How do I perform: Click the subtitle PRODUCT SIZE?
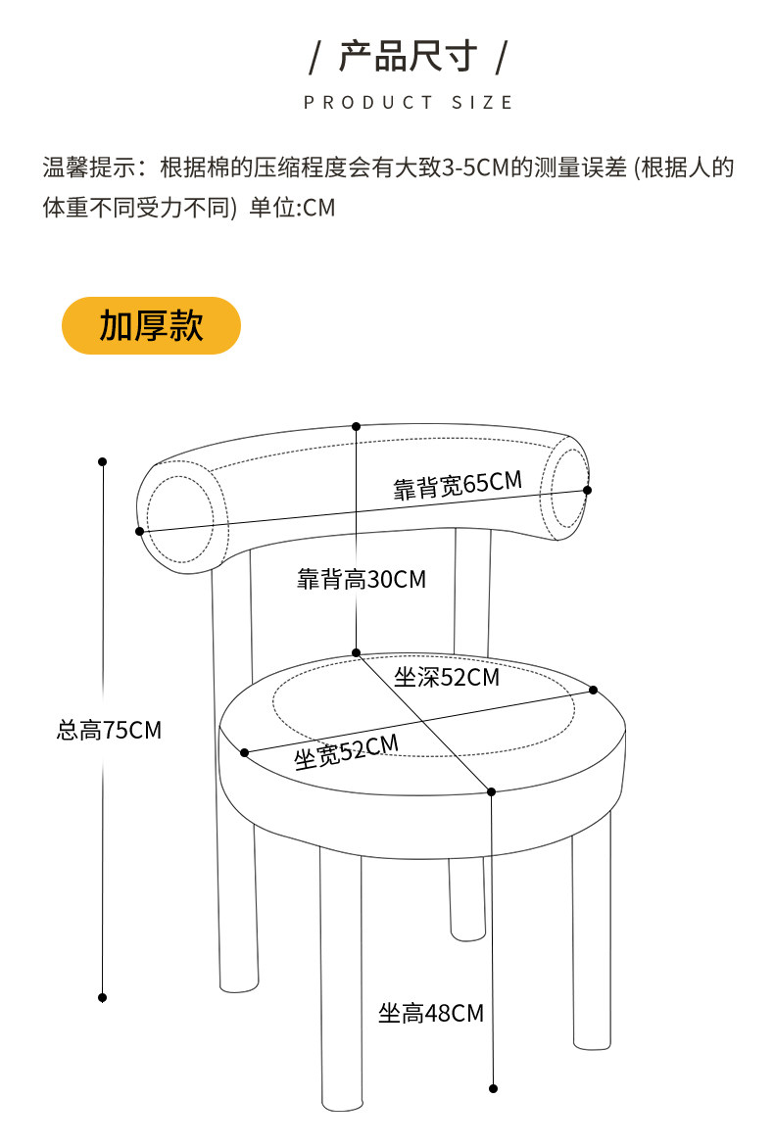coord(408,103)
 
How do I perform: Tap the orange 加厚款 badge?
coord(151,325)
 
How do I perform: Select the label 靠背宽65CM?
coord(458,484)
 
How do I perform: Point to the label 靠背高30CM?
coord(362,580)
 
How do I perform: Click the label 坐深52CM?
coord(446,677)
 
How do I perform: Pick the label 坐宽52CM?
coord(346,750)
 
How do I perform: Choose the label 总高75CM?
coord(109,730)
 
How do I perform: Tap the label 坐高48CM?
coord(431,1013)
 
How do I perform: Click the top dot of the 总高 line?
coord(102,461)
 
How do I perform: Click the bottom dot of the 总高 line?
coord(102,997)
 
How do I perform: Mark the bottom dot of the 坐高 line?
coord(493,1087)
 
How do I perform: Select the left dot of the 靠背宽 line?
coord(140,531)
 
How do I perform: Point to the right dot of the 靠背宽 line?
coord(587,490)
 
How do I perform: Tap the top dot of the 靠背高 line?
coord(356,427)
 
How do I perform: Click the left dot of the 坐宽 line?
coord(244,752)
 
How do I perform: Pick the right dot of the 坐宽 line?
coord(593,691)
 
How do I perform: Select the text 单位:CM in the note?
coord(292,209)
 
